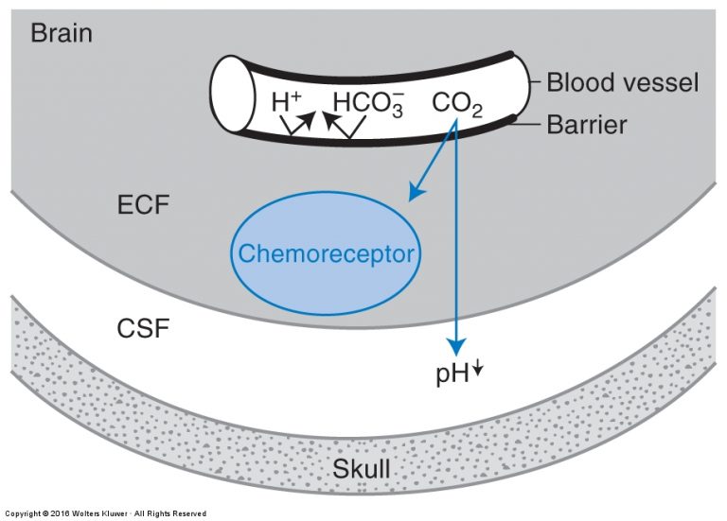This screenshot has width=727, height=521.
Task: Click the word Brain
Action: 62,33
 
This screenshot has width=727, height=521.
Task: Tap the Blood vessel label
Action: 622,82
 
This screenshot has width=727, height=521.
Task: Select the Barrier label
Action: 587,125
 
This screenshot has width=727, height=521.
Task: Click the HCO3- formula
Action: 368,103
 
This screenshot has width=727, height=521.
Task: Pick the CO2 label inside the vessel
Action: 457,104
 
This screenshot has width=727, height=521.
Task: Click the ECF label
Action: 143,204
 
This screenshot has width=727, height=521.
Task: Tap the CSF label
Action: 143,328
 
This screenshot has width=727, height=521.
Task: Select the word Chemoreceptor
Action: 326,253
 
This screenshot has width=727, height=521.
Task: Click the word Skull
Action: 362,468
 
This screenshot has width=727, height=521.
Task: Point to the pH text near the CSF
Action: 452,373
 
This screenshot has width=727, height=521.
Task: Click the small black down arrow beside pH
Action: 477,368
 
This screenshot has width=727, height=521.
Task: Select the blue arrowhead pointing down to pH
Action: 456,346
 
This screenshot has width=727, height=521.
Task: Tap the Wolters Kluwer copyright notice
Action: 106,513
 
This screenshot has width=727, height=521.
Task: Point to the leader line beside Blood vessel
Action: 536,82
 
